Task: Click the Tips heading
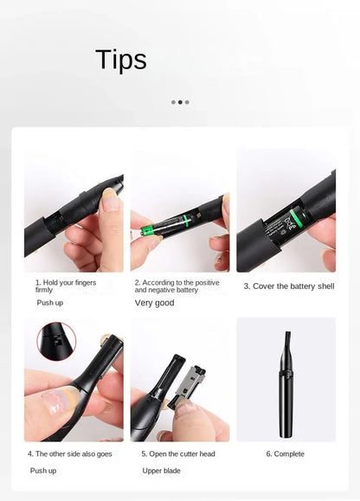121,60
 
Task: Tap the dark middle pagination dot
180,102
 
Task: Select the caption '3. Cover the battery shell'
289,286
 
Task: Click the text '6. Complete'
286,454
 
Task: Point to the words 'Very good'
154,303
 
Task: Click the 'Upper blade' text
161,471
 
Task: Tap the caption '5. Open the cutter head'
178,454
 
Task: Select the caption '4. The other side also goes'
69,454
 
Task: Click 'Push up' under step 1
50,303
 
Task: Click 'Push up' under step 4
43,471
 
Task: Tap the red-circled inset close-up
56,341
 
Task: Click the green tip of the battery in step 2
147,230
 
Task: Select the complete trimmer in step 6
286,384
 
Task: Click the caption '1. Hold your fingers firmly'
66,286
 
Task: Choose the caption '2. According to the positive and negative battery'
177,286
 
